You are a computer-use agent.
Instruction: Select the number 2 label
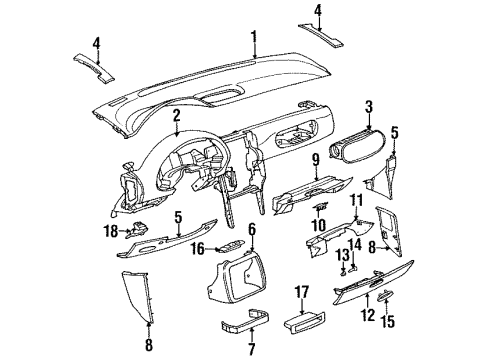(176, 117)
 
